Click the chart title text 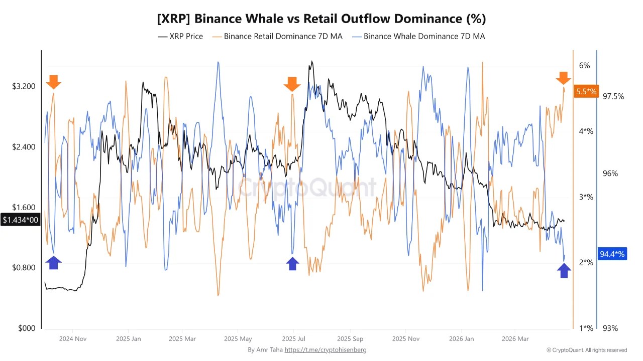(321, 19)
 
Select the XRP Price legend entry (180, 36)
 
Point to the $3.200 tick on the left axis (24, 86)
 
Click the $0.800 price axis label (24, 267)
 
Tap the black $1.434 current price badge (20, 220)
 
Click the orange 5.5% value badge (586, 91)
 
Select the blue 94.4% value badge (612, 254)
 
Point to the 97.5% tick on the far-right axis (613, 96)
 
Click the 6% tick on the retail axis (584, 65)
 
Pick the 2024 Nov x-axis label (72, 338)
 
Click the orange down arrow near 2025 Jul (292, 84)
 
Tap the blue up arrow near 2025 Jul (292, 264)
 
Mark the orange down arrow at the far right (563, 78)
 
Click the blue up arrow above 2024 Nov (53, 262)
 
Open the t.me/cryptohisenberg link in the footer (326, 349)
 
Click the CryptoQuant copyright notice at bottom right (587, 350)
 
